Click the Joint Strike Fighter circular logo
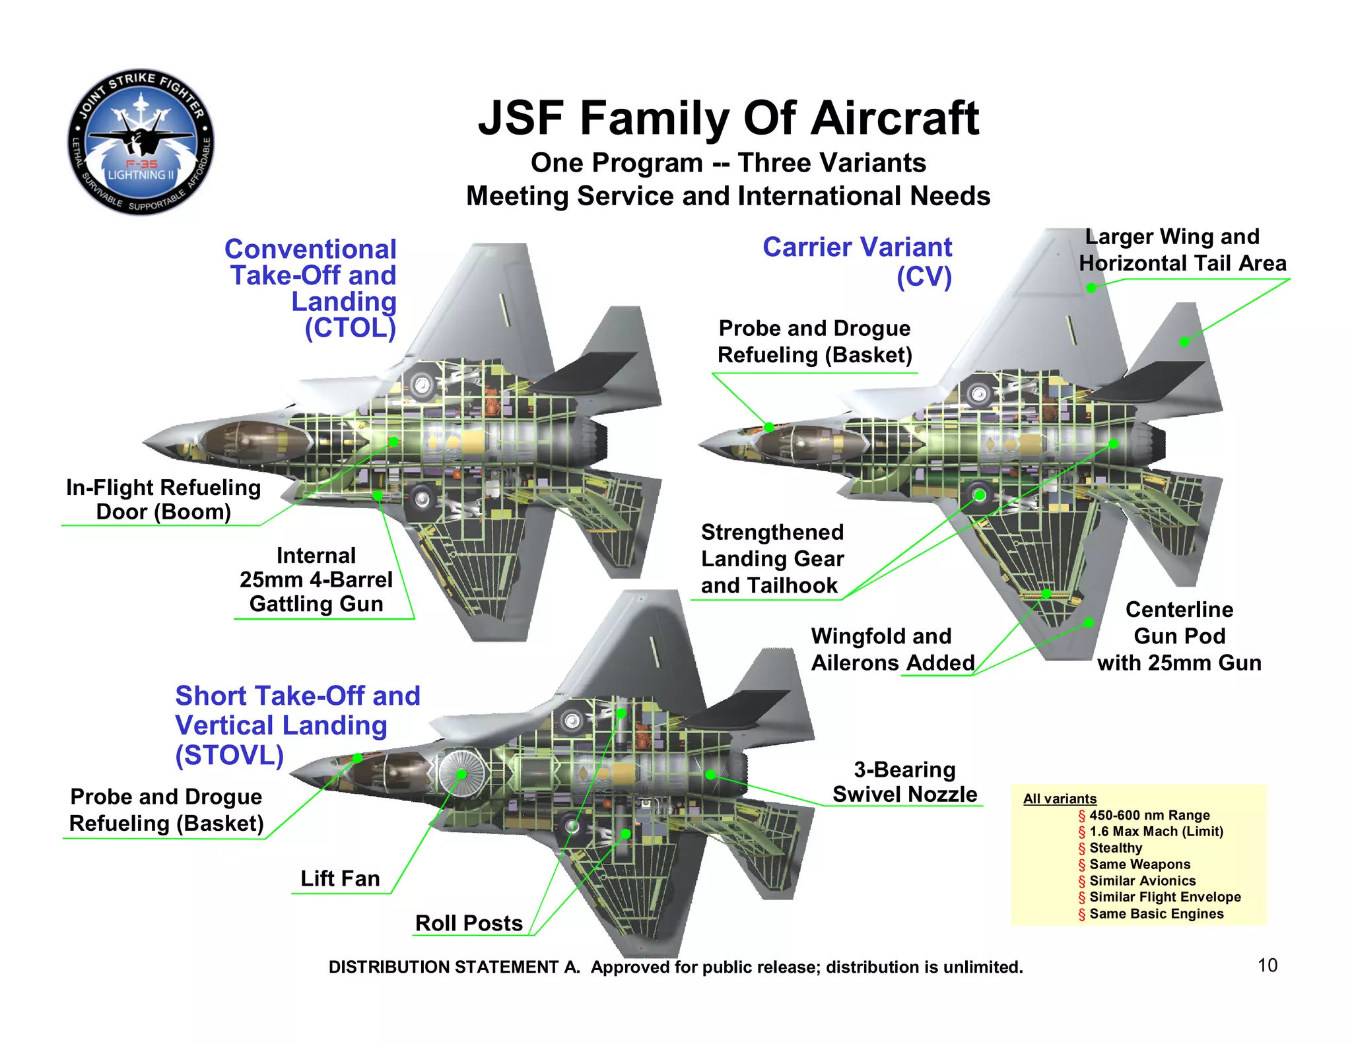coord(141,142)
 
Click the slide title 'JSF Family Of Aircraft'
coord(728,119)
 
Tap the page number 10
coord(1267,965)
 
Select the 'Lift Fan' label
coord(340,879)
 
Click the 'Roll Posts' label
coord(469,923)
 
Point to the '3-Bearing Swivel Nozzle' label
coord(904,782)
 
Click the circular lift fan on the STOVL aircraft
coord(461,773)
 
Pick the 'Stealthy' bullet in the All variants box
coord(1116,848)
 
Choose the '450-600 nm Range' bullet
coord(1149,815)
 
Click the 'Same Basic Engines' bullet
coord(1156,914)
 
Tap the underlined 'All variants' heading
coord(1060,799)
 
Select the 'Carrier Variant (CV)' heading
coord(858,261)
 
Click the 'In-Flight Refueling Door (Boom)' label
coord(163,500)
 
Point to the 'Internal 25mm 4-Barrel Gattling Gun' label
coord(316,580)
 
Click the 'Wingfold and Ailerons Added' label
coord(892,649)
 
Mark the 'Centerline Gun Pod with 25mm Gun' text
coord(1179,636)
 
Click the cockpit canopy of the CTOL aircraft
coord(254,440)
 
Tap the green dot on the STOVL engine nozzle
coord(710,775)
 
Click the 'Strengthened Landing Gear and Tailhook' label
coord(772,559)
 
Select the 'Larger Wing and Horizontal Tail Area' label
coord(1182,250)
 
